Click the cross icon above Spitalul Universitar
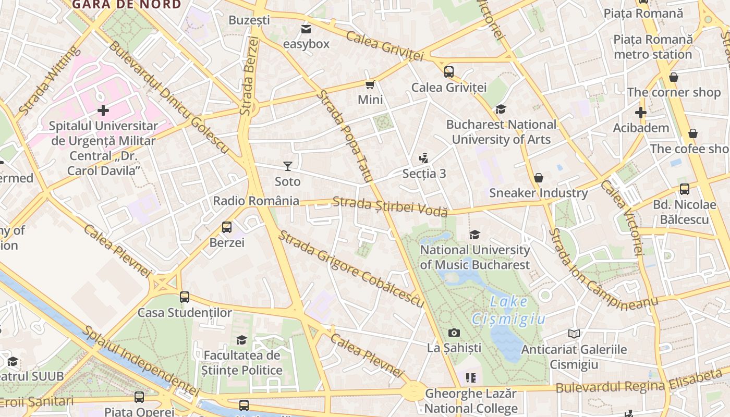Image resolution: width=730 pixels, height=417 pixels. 103,111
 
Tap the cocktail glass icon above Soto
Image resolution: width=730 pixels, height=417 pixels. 288,166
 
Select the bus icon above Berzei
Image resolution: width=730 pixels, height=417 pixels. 227,227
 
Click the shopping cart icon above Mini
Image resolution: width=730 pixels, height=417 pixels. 370,84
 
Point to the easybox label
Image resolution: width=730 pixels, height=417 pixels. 306,44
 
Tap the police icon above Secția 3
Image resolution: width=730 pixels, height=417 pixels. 424,158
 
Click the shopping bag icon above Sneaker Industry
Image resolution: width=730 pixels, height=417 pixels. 539,178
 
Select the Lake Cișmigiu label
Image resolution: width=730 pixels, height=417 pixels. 508,310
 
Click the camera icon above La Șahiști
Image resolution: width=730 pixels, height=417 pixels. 454,333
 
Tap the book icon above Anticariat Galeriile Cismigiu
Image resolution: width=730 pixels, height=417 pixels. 574,334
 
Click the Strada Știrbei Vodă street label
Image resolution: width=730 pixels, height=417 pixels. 390,206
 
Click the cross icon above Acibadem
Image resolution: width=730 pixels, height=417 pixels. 641,113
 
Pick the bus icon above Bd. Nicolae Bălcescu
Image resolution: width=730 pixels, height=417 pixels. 685,189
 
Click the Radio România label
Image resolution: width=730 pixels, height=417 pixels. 256,201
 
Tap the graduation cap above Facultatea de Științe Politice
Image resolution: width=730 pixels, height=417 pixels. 241,340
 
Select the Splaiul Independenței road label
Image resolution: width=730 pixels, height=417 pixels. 141,361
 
